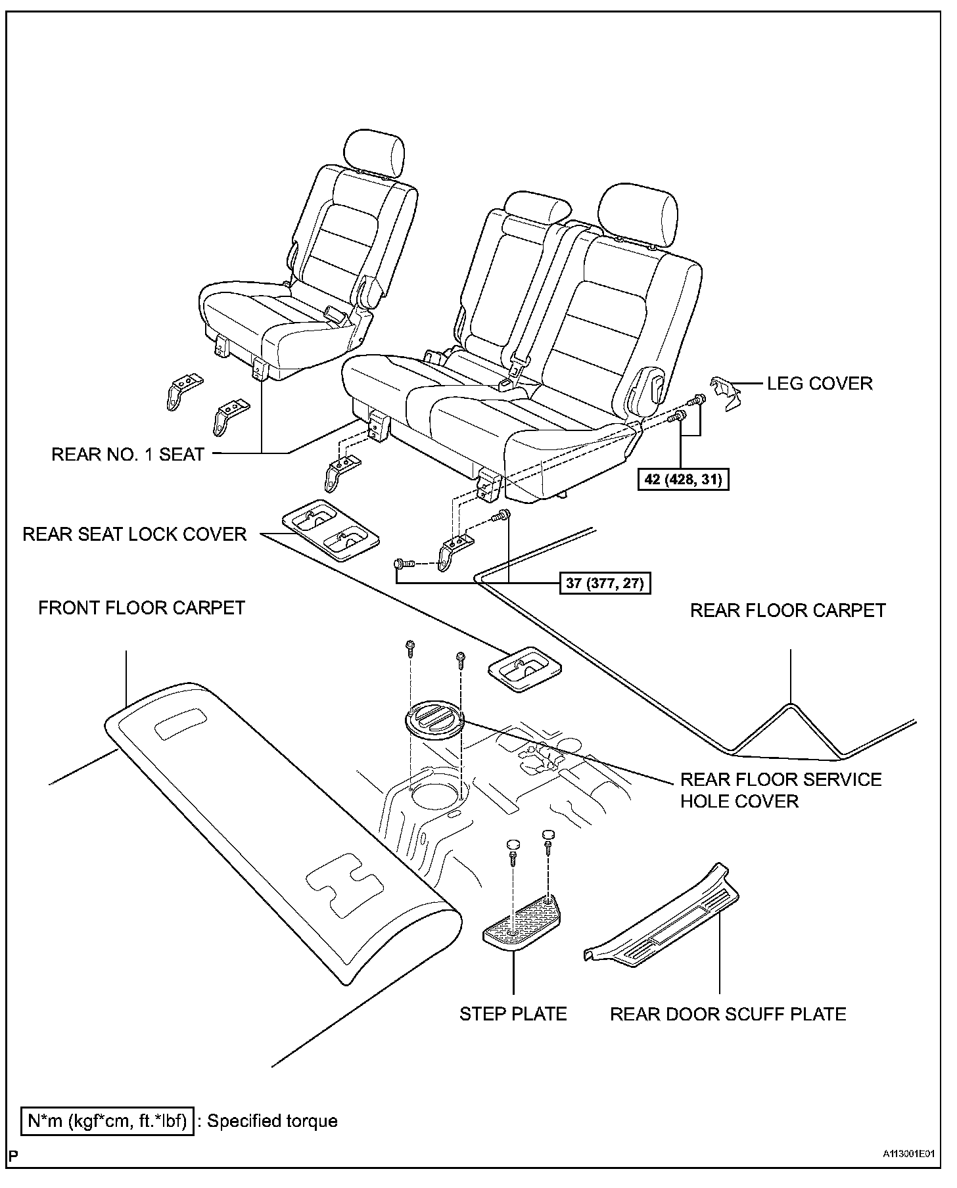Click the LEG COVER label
tap(820, 383)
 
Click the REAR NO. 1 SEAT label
tap(128, 454)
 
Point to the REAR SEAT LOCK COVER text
tap(134, 534)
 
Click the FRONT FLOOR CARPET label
tap(141, 608)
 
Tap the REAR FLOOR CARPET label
tap(787, 610)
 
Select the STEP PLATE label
tap(513, 1014)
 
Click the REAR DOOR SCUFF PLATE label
tap(728, 1014)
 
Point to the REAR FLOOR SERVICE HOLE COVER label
tap(780, 790)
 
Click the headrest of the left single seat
tap(373, 152)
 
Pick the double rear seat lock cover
tap(331, 531)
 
